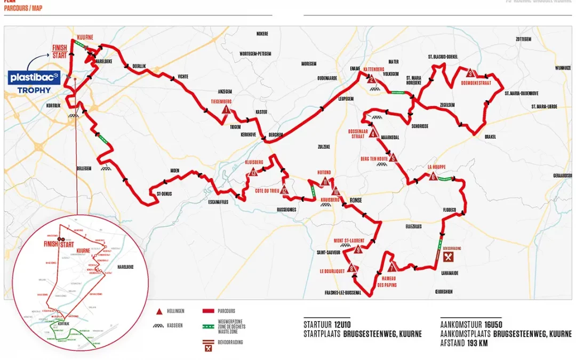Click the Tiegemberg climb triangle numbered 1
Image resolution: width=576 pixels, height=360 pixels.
[226, 110]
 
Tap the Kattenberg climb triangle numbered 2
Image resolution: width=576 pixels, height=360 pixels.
[372, 80]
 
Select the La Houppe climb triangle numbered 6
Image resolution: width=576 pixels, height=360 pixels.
[433, 177]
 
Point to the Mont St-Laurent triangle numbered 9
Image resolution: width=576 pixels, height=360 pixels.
[358, 249]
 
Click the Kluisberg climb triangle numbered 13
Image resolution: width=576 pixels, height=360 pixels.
[253, 172]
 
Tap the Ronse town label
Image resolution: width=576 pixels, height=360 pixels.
[355, 201]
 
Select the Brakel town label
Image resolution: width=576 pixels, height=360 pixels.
[490, 137]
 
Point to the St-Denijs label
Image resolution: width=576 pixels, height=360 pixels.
[164, 193]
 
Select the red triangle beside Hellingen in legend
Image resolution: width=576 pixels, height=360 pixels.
[159, 311]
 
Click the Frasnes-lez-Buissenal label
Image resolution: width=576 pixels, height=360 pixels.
[342, 292]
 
